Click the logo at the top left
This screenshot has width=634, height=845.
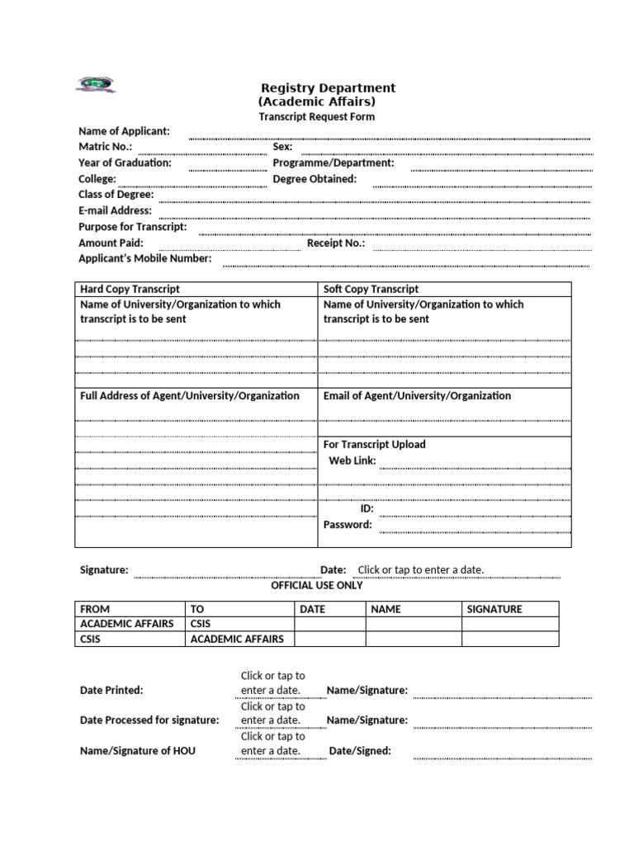(96, 84)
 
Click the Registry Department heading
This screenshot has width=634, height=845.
(328, 87)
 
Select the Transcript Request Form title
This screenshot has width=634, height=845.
(316, 116)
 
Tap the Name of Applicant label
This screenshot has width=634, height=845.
(124, 131)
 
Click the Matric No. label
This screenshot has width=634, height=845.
(105, 147)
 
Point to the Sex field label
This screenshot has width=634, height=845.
(282, 147)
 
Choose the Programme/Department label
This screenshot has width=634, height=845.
(334, 163)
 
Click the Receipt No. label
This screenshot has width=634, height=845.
(336, 243)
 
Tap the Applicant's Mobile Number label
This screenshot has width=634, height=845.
(144, 258)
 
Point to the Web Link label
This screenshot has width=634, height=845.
(352, 460)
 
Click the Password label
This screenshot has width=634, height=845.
(348, 524)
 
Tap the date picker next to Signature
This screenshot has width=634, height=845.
(420, 569)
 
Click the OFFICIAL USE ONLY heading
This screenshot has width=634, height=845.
(317, 585)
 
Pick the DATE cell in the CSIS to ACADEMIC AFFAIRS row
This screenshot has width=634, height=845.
(329, 639)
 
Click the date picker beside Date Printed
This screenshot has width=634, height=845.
(272, 682)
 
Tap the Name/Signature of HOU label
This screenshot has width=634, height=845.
(138, 751)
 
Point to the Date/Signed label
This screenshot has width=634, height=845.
(360, 751)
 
